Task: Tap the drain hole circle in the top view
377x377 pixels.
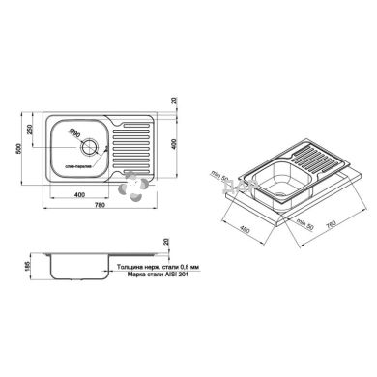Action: pos(91,148)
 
